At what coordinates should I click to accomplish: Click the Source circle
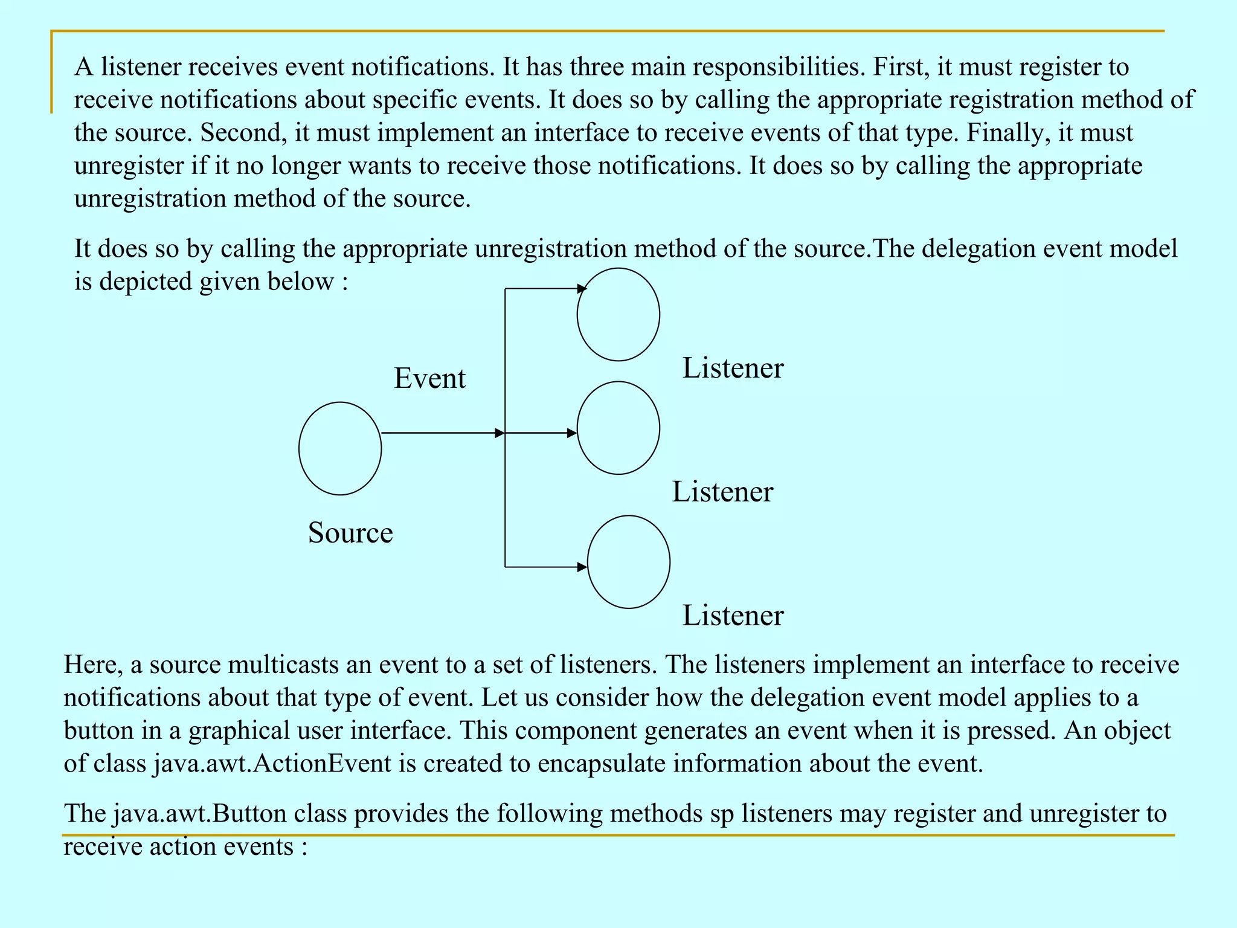point(340,448)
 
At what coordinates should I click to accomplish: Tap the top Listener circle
point(618,314)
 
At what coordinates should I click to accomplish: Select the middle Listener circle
point(618,428)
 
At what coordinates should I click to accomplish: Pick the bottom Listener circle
point(628,562)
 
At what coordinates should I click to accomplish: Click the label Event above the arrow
point(429,378)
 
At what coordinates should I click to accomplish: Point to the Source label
point(350,533)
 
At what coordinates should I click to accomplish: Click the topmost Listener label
point(733,368)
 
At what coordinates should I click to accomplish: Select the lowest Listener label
point(733,616)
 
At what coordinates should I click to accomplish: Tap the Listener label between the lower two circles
point(722,492)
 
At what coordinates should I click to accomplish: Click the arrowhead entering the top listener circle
point(582,289)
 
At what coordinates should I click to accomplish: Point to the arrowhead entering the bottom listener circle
point(582,567)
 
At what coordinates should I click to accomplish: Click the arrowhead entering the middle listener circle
point(572,433)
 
